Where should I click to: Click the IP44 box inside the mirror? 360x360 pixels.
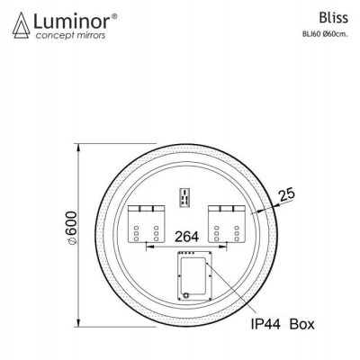pyautogui.click(x=192, y=274)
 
